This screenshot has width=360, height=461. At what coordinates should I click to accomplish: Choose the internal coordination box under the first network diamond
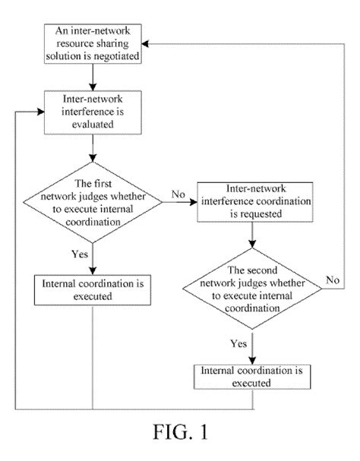click(x=92, y=289)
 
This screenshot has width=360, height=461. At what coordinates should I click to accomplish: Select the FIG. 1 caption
click(x=179, y=436)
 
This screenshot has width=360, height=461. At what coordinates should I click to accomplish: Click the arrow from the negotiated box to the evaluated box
click(x=92, y=77)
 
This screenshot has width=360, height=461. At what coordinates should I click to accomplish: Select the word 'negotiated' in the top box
click(x=115, y=55)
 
